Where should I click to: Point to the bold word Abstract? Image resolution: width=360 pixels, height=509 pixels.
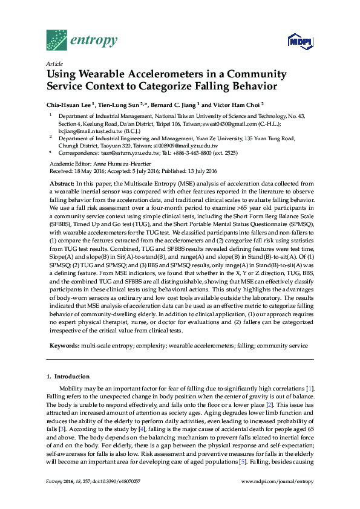62,183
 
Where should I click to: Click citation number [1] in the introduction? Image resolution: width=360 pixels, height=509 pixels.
309,387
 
